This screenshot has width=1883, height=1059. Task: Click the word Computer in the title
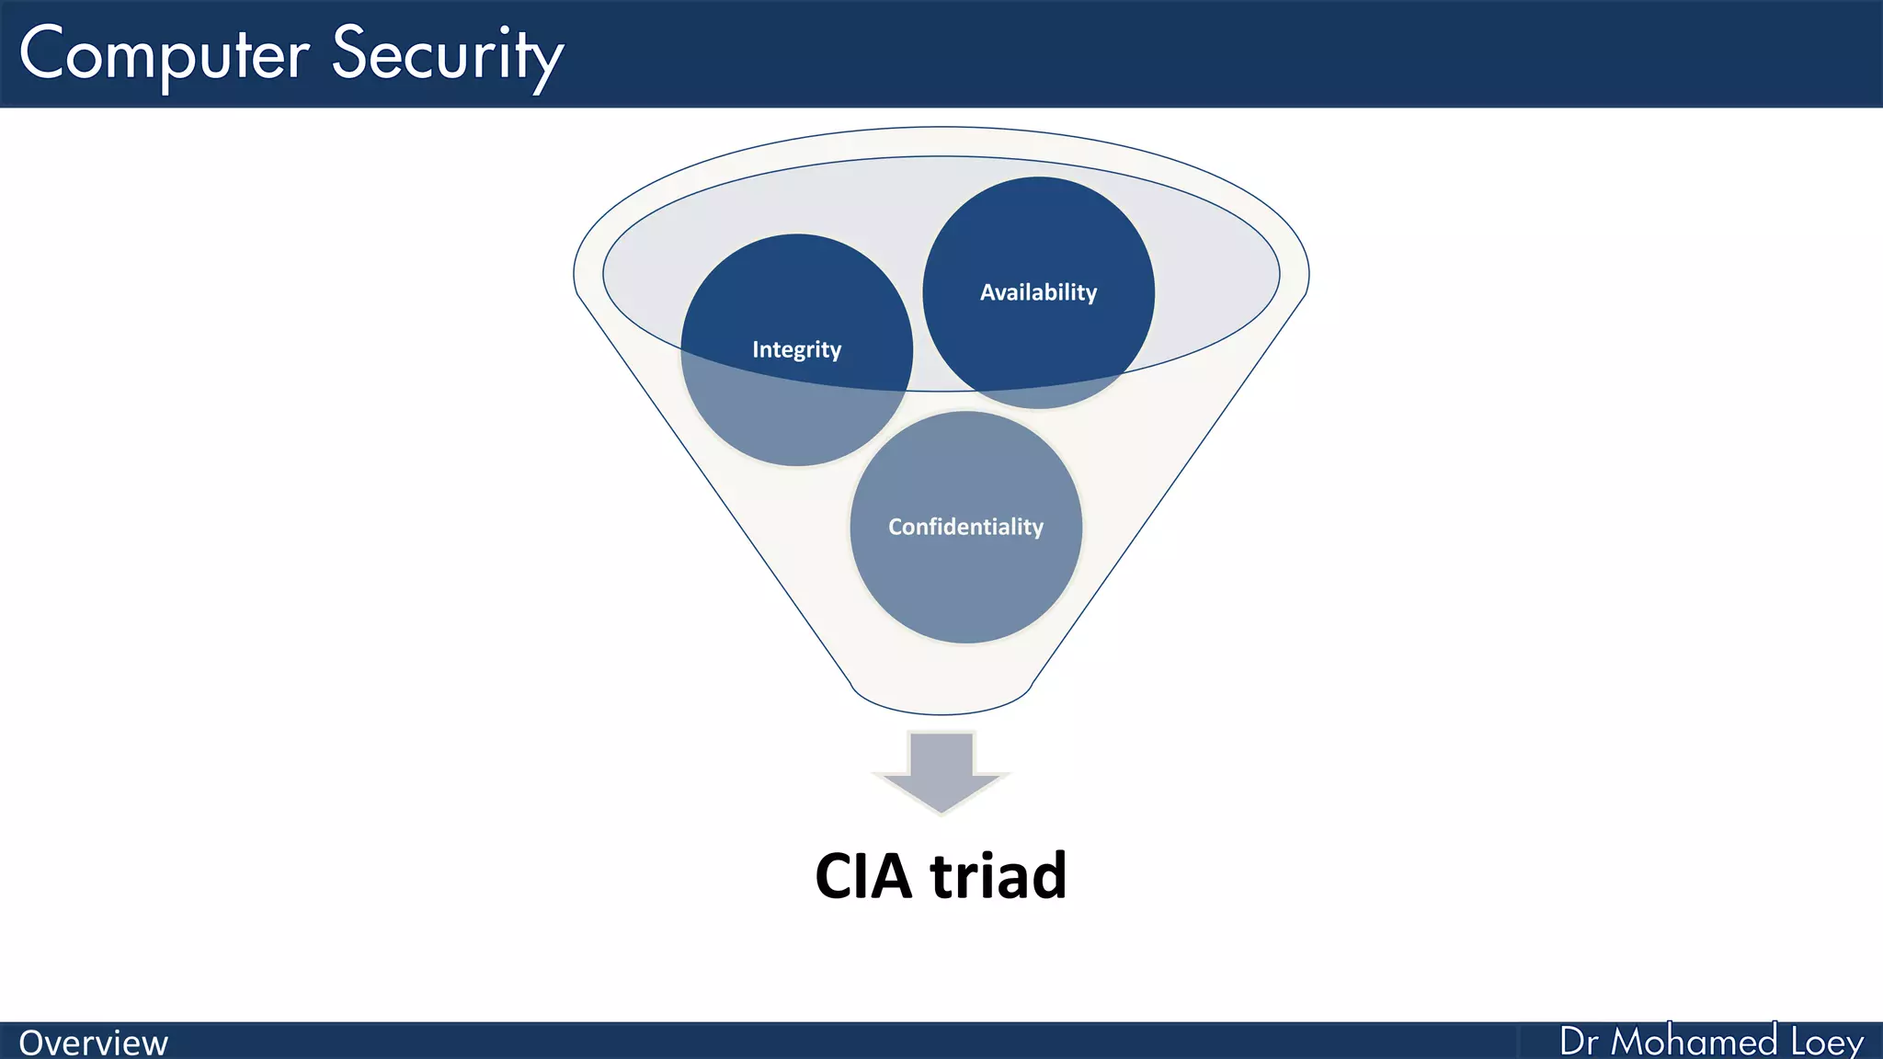click(x=164, y=55)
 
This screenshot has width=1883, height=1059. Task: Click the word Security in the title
click(x=447, y=55)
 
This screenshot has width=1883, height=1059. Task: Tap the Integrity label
click(x=796, y=349)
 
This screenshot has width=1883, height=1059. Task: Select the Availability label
click(x=1038, y=292)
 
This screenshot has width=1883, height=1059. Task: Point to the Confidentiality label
click(x=965, y=527)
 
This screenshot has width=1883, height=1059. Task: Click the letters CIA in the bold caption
click(x=863, y=875)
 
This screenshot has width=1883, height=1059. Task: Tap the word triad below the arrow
click(x=999, y=875)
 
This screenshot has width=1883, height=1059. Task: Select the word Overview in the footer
click(x=93, y=1042)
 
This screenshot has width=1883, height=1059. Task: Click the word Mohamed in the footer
click(x=1694, y=1042)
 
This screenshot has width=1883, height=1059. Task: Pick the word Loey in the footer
click(x=1827, y=1042)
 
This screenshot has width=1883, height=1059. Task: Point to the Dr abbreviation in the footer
click(x=1580, y=1042)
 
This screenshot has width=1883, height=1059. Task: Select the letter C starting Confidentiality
click(x=895, y=527)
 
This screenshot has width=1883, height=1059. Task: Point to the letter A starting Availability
click(x=987, y=292)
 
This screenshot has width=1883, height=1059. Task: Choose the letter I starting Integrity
click(x=756, y=349)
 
